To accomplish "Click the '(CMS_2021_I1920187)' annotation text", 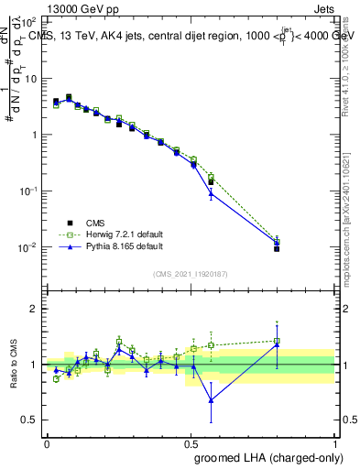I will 191,274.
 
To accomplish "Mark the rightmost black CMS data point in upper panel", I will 277,248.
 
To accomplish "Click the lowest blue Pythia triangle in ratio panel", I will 212,399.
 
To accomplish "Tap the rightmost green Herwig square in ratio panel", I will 277,341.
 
